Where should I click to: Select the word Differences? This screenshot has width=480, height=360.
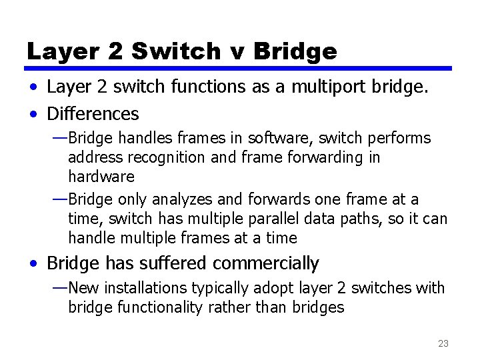coord(93,114)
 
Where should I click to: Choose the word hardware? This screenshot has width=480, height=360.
coord(101,177)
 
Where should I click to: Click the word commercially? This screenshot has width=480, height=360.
coord(273,264)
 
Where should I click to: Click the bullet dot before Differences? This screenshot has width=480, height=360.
coord(33,115)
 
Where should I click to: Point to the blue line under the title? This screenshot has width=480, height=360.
coord(240,68)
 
